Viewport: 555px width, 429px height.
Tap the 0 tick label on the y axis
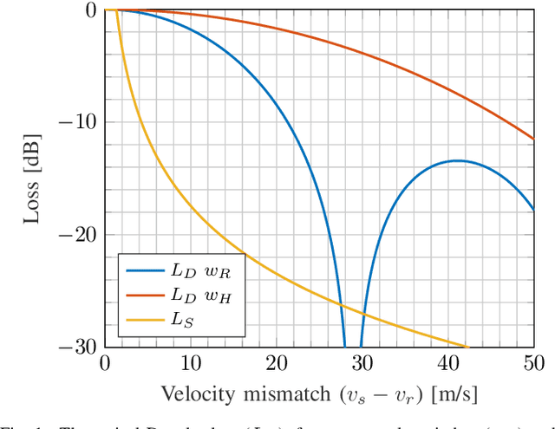tap(92, 10)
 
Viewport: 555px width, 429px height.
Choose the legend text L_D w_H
tap(204, 296)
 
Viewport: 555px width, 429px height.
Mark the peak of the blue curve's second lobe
tap(457, 160)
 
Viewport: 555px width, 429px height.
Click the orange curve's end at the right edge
tap(533, 139)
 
